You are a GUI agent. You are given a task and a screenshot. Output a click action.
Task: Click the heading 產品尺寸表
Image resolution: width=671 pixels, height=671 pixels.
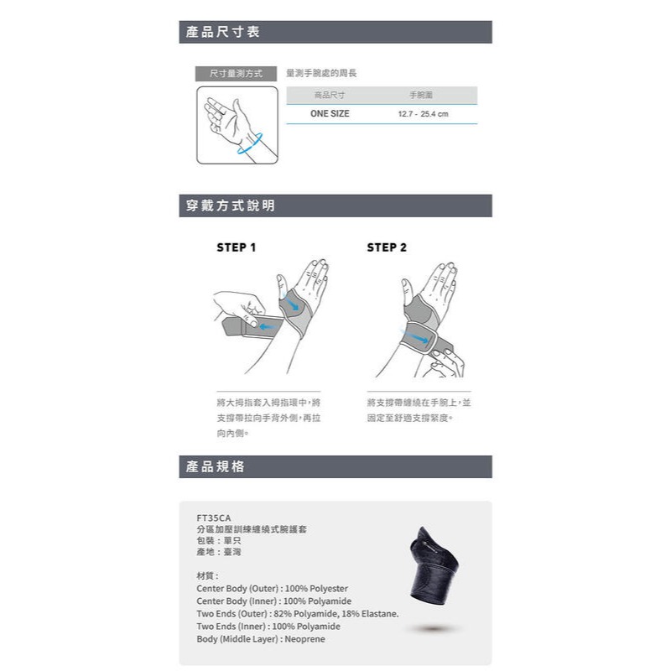[x=223, y=33]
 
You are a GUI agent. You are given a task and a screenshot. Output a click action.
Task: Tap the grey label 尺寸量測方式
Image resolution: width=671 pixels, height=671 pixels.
[x=236, y=74]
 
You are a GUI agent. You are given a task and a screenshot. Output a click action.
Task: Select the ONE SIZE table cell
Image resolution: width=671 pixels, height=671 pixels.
[x=330, y=113]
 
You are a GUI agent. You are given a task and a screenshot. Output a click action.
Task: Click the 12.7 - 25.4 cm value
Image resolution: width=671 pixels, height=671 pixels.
[x=423, y=113]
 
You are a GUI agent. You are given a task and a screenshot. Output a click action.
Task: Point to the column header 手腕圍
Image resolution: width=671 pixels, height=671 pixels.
[x=420, y=96]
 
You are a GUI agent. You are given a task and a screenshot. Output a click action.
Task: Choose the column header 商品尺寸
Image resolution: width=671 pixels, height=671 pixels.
[x=329, y=96]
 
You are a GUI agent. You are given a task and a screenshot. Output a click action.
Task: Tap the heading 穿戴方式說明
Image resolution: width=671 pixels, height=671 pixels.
[x=231, y=205]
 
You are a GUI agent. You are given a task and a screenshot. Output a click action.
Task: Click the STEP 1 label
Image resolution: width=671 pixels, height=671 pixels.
[x=237, y=247]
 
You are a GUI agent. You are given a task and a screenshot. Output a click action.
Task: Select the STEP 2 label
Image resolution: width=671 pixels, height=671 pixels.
[x=387, y=247]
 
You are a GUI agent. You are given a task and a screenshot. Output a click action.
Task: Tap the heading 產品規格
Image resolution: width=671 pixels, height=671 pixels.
[x=216, y=466]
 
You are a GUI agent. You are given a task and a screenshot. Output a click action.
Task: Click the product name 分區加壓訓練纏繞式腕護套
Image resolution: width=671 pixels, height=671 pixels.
[x=252, y=529]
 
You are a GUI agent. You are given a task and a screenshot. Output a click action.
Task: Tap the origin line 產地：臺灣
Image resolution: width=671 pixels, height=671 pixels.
[x=218, y=554]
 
